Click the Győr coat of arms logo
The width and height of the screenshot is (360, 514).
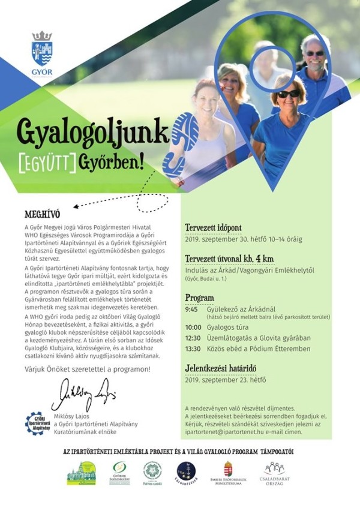[x=41, y=50]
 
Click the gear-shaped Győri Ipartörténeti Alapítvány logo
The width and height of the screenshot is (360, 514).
[x=37, y=423]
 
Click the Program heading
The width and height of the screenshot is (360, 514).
[x=200, y=297]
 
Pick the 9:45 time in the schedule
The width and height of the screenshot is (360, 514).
[x=193, y=310]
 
